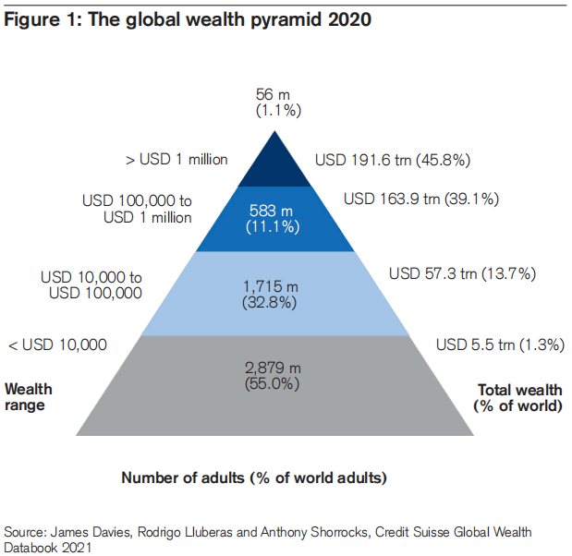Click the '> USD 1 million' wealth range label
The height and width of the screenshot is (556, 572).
click(x=176, y=159)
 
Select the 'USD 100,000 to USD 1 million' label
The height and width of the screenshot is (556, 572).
click(x=137, y=209)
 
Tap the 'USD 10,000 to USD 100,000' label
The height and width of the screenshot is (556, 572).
click(x=91, y=284)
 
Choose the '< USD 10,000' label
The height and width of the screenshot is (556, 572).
click(x=56, y=344)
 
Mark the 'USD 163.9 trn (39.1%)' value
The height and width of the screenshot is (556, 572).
click(x=421, y=198)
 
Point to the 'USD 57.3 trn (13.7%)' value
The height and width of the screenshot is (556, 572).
click(x=462, y=273)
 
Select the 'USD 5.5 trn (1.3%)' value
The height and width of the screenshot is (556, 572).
click(x=500, y=344)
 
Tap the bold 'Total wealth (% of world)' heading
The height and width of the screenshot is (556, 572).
click(x=517, y=397)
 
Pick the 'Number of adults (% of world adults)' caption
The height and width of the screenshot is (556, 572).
click(x=254, y=477)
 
